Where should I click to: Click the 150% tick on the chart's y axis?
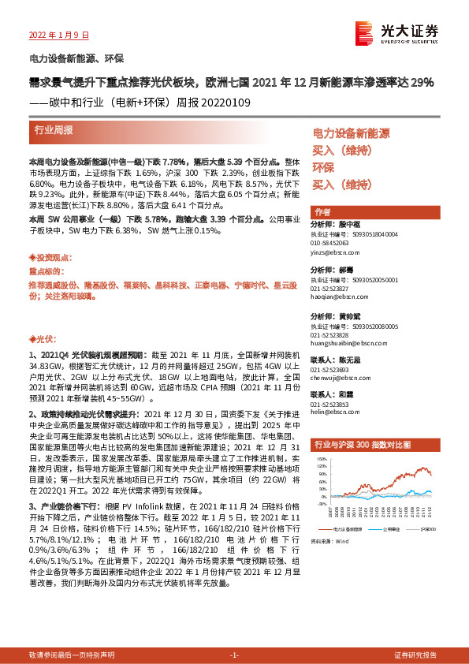click(321, 457)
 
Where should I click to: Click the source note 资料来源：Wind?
click(329, 519)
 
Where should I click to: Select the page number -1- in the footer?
click(234, 655)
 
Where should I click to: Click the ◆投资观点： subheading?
click(48, 257)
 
